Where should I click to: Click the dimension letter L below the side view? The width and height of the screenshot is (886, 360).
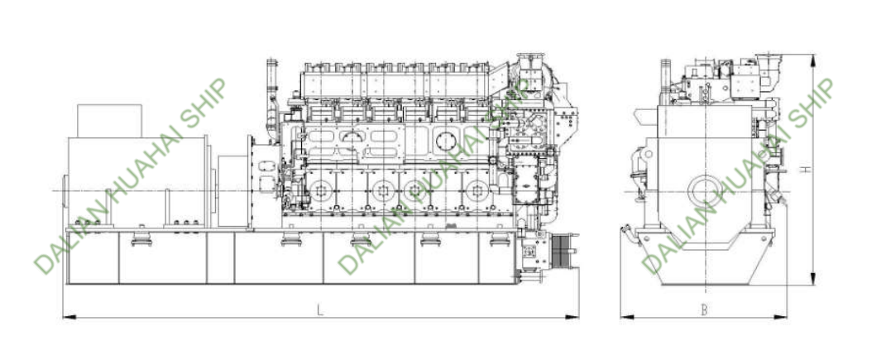pyautogui.click(x=320, y=310)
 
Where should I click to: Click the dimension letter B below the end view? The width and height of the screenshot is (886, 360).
pyautogui.click(x=703, y=310)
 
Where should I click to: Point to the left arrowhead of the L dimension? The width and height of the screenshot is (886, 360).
pyautogui.click(x=69, y=318)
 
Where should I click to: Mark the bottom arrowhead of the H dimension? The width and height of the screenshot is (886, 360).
pyautogui.click(x=813, y=279)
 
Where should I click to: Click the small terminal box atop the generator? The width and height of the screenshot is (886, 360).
pyautogui.click(x=109, y=121)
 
